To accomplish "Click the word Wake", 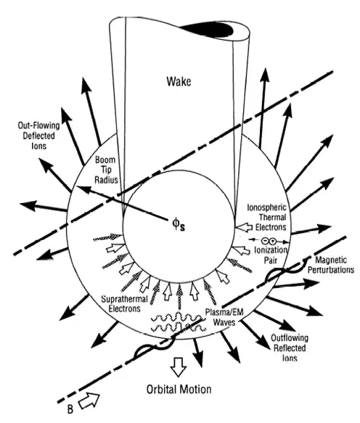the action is coord(179,81).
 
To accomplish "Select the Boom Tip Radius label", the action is coord(106,170).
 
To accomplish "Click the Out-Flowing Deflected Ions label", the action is coord(38,136).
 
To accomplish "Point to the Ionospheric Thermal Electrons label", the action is coord(267,218).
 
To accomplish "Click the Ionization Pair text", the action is coord(271,255).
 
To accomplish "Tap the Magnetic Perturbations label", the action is coord(331,265).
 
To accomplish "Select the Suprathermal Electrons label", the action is coord(124,304).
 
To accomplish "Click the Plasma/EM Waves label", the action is coord(224,317).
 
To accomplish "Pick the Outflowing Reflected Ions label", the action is coord(290,348).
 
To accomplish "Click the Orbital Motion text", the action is coord(179,390).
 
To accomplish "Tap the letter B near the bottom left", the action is coord(70,409).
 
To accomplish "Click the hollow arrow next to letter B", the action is coord(89,401).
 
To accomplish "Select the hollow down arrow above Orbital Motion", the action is coord(179,366).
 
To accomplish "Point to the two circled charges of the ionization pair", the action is coord(269,240).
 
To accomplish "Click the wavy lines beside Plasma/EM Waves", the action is coord(177,322).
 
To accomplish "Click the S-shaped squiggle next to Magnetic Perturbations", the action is coord(287,270).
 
